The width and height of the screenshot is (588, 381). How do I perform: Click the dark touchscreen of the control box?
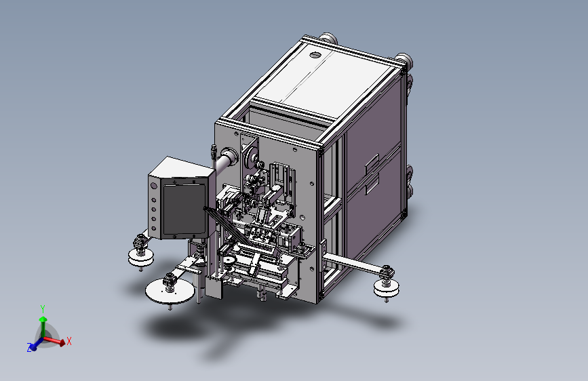point(184,209)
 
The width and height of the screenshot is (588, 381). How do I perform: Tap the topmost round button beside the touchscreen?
point(154,186)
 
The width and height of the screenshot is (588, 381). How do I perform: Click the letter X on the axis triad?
point(69,341)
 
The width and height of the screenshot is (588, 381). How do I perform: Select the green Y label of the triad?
point(43,309)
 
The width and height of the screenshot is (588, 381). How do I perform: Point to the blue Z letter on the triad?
point(29,348)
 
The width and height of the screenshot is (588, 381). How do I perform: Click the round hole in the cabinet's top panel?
point(315,55)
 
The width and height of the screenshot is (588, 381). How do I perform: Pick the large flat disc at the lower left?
point(170,292)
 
